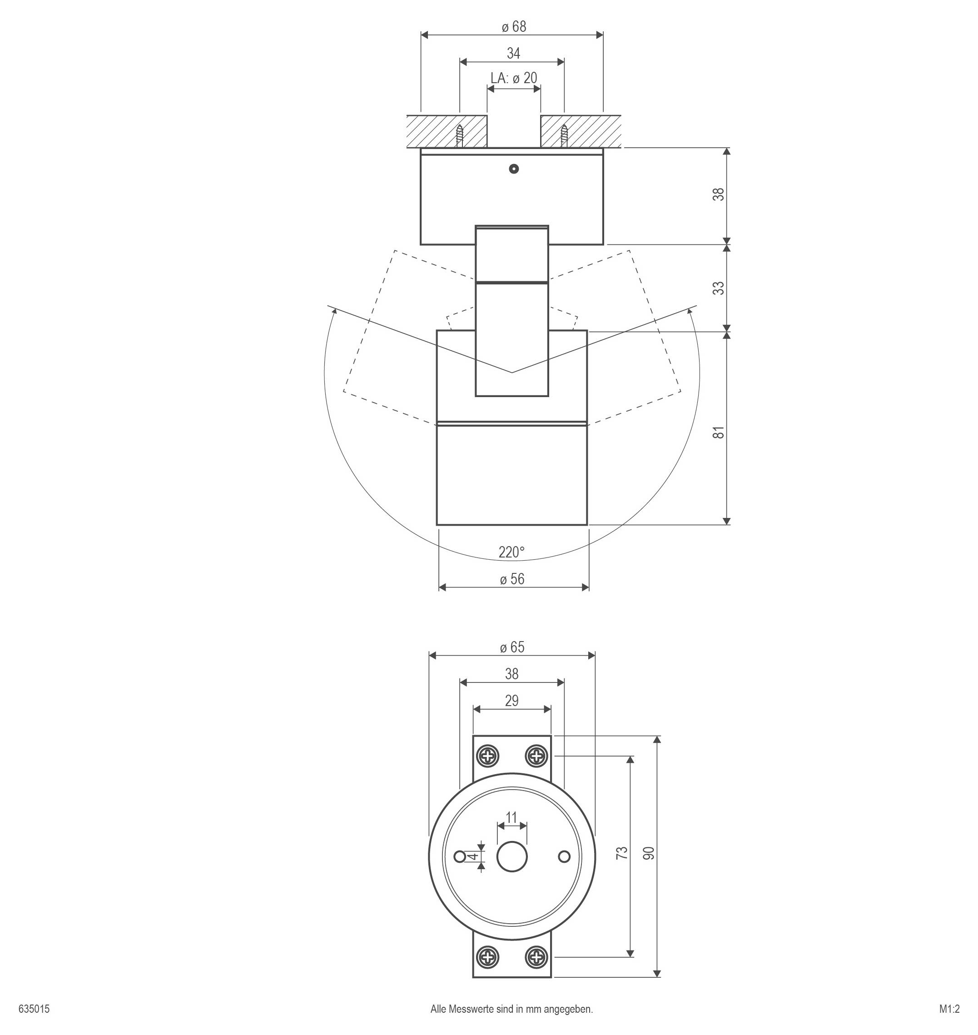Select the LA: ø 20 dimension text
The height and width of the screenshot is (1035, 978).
point(513,78)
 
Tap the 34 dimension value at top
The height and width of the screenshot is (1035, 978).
point(513,53)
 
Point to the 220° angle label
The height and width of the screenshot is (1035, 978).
point(511,552)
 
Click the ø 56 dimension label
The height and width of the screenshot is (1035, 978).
point(512,579)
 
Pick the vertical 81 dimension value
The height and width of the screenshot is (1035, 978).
point(719,432)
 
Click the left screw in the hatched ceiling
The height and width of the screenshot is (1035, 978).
point(459,136)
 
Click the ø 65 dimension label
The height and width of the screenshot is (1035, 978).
point(512,647)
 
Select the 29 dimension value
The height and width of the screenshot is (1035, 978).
point(511,701)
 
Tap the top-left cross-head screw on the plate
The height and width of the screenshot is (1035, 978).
point(488,756)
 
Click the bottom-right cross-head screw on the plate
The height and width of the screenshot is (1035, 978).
point(536,957)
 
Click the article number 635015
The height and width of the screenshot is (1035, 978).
point(34,1010)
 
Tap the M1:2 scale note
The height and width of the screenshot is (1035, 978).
point(949,1010)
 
